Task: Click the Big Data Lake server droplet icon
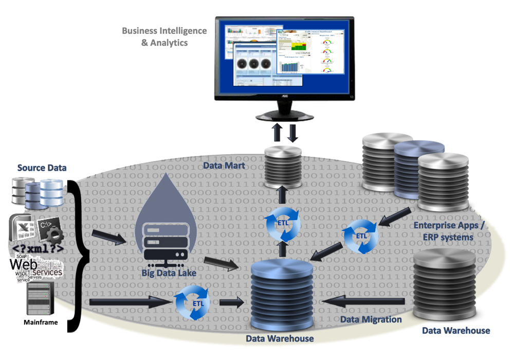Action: (x=166, y=226)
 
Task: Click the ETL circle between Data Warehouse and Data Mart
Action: (x=282, y=223)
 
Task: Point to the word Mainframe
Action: (x=41, y=322)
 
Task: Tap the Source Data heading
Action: (x=42, y=168)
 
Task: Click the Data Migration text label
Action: (x=372, y=319)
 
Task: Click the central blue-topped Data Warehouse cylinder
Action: (x=282, y=293)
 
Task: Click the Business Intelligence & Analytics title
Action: (x=164, y=37)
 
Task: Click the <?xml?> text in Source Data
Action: (x=37, y=249)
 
